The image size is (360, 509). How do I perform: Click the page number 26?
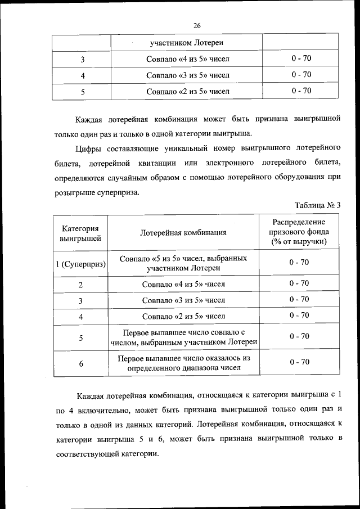[x=197, y=25]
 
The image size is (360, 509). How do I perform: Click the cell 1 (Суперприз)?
[x=80, y=264]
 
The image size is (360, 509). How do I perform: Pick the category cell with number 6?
[x=80, y=364]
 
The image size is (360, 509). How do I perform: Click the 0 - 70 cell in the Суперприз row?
[x=299, y=263]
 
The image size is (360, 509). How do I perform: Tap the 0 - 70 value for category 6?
[x=299, y=362]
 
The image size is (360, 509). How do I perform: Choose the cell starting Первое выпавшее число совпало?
[x=183, y=337]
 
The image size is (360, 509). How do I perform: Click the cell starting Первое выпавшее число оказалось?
[x=183, y=363]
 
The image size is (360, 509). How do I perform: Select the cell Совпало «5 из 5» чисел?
[x=183, y=263]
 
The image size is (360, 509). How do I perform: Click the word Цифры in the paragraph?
[x=88, y=148]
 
